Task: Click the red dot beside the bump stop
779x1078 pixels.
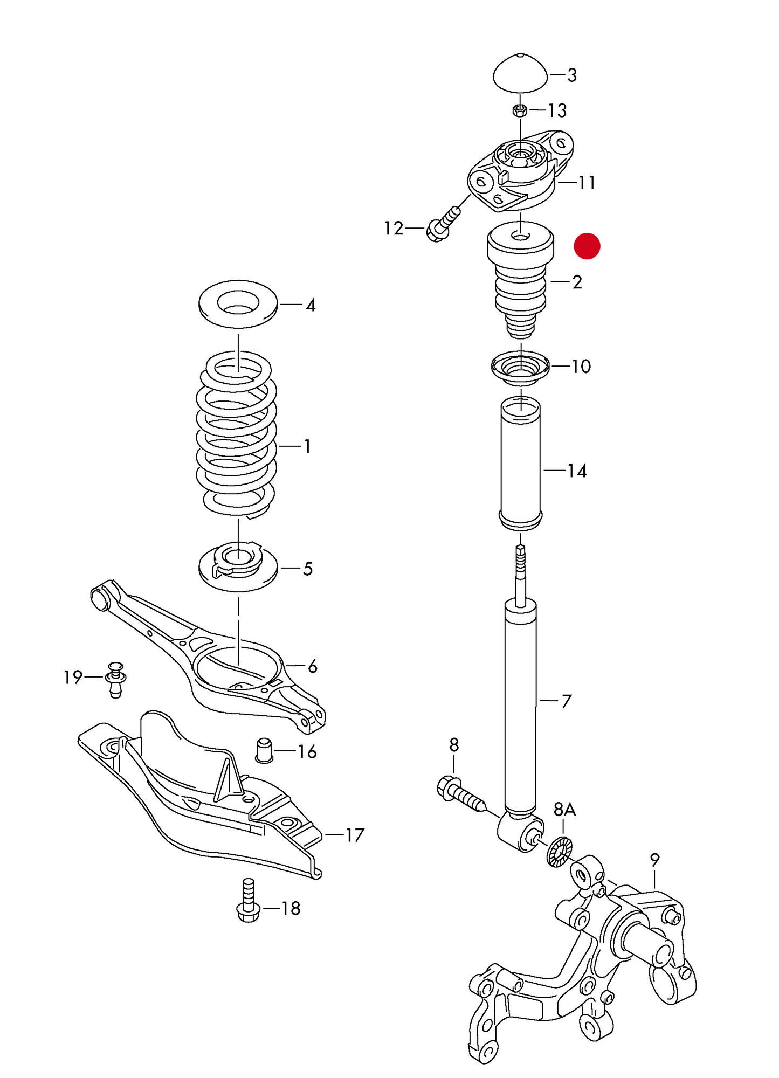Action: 587,246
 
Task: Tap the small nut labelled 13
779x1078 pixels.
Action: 520,111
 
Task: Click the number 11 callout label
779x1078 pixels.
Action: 587,183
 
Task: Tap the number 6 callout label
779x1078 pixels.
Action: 312,667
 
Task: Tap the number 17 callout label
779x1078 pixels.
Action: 354,835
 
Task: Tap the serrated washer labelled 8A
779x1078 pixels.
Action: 559,853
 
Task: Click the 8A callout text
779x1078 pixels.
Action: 564,809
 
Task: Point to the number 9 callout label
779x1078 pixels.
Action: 654,860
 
